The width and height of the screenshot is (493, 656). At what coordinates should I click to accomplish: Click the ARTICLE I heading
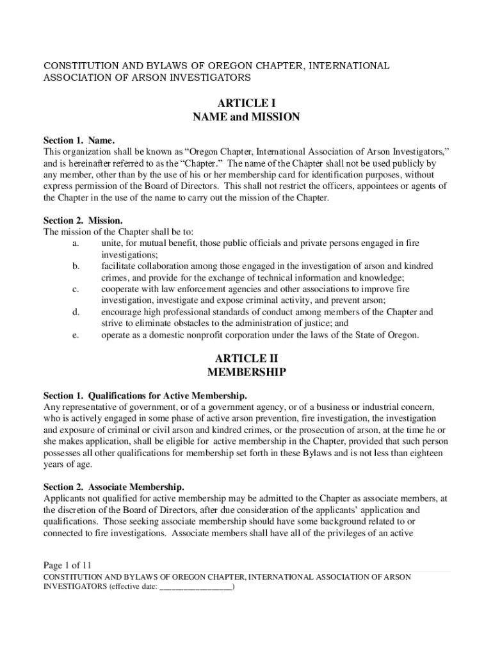click(247, 102)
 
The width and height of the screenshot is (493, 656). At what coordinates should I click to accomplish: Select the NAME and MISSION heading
click(247, 117)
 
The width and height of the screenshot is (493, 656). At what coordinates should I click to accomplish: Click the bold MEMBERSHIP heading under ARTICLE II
click(247, 372)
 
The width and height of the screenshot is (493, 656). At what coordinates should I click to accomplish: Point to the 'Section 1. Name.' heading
click(79, 140)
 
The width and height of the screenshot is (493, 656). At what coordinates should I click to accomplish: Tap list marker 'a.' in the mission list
click(76, 243)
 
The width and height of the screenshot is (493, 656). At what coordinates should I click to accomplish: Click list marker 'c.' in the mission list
click(76, 290)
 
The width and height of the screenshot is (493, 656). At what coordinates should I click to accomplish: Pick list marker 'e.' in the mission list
click(76, 335)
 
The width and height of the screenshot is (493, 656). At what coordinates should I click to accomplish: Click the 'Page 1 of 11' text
click(68, 565)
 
